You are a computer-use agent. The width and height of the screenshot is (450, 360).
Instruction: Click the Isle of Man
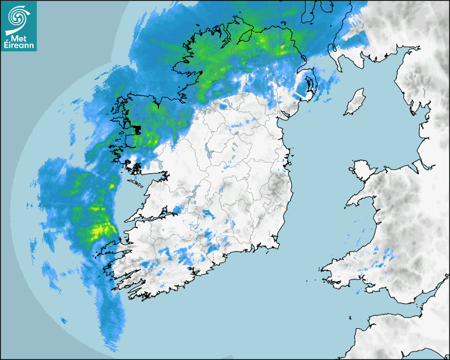point(355,102)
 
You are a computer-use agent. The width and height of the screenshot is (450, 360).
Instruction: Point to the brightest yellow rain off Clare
point(99,230)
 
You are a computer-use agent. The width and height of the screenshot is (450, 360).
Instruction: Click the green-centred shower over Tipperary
point(208,214)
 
